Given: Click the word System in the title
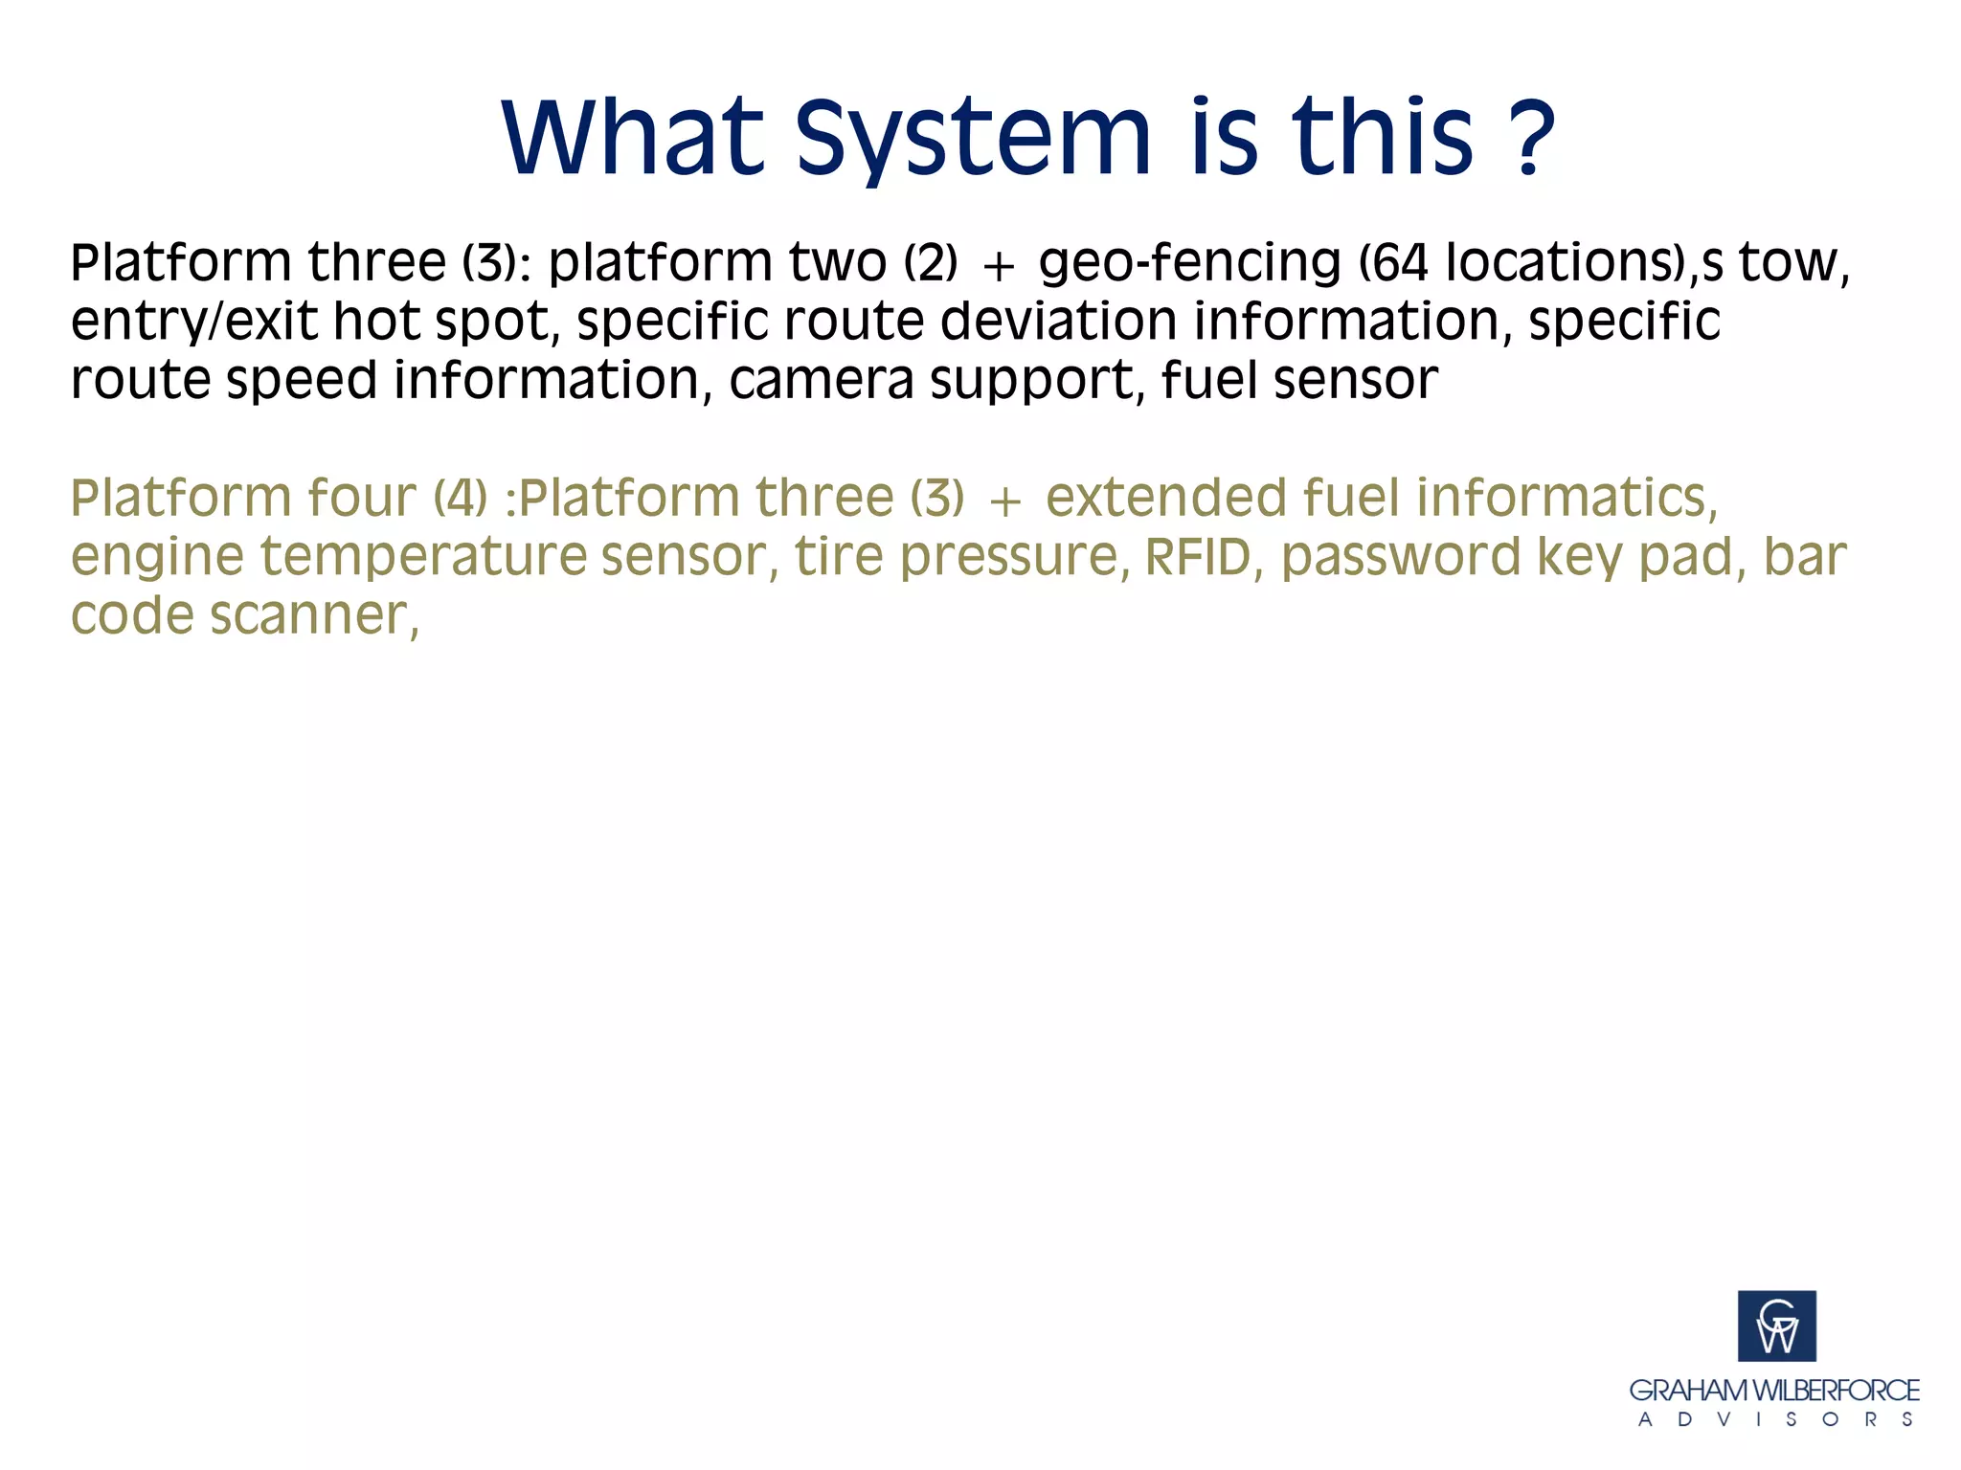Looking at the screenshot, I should click(x=972, y=139).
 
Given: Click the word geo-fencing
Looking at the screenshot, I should click(x=1189, y=263).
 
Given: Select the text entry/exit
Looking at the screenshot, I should click(x=194, y=322).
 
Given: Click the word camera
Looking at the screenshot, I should click(x=821, y=380).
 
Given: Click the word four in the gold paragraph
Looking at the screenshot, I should click(x=361, y=498).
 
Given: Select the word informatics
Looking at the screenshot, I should click(x=1567, y=498).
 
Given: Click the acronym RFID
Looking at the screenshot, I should click(x=1199, y=557).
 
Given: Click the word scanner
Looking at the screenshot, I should click(x=313, y=615).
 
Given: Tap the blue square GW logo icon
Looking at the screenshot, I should click(x=1776, y=1325).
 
